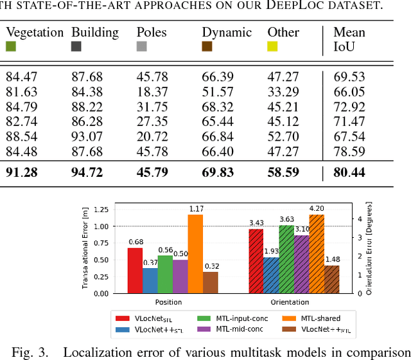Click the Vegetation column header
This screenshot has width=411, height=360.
tap(34, 32)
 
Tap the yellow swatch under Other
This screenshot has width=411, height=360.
tap(273, 46)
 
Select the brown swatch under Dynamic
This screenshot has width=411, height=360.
tap(207, 46)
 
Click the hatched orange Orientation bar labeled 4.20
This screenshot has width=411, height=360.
tap(315, 254)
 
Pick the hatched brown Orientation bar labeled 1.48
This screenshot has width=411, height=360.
tap(331, 280)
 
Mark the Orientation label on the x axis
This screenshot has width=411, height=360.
tap(290, 301)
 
